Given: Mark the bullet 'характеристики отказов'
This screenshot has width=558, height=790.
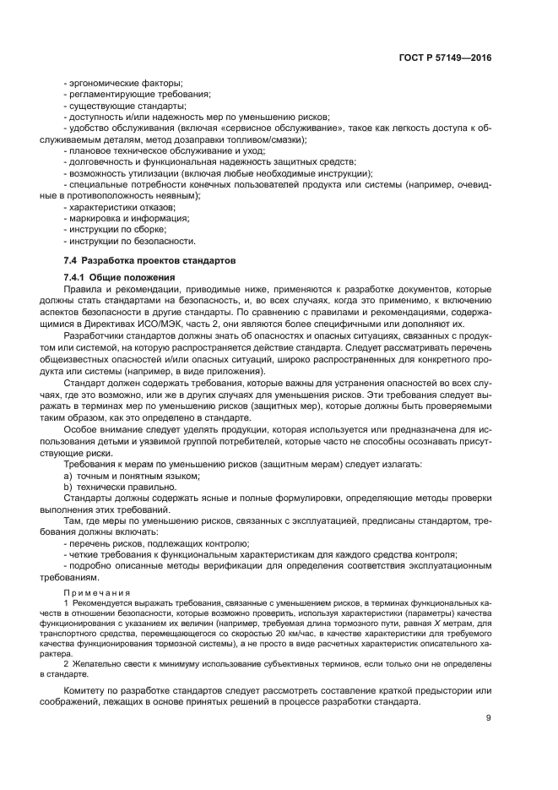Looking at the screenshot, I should point(123,206).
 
